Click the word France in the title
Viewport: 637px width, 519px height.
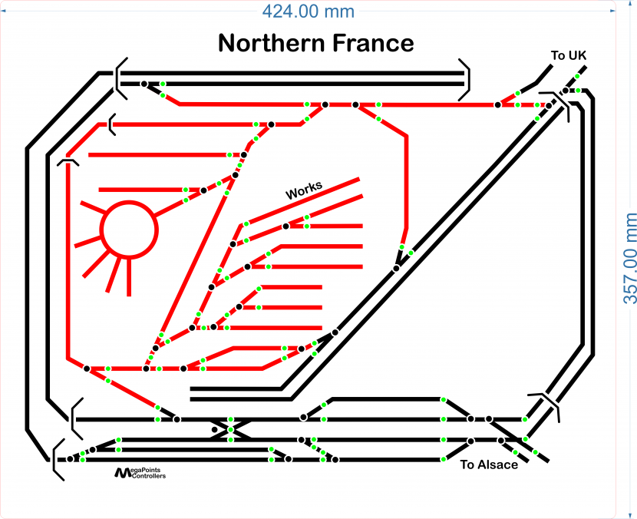[x=373, y=43]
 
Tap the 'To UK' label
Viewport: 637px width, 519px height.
[x=569, y=55]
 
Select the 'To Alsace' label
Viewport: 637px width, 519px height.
[x=489, y=464]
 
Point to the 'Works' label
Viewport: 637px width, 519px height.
[x=304, y=190]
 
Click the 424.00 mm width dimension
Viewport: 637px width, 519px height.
[x=308, y=11]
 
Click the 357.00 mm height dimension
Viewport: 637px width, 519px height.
[x=629, y=258]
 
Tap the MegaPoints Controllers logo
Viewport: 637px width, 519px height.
[x=140, y=473]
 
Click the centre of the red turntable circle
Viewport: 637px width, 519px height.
[x=129, y=230]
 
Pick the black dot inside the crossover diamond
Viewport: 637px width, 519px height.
[x=215, y=430]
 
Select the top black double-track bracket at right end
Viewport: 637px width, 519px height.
[x=465, y=79]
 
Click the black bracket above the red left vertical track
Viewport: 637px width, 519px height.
[x=68, y=162]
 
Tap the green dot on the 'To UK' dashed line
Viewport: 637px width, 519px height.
[x=577, y=76]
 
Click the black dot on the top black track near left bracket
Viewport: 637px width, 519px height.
[x=144, y=84]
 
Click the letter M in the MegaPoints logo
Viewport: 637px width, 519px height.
[x=122, y=472]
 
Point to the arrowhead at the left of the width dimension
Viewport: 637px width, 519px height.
[x=3, y=11]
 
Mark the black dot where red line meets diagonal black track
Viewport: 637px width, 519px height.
[x=397, y=268]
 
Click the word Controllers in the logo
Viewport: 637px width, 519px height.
[x=149, y=476]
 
